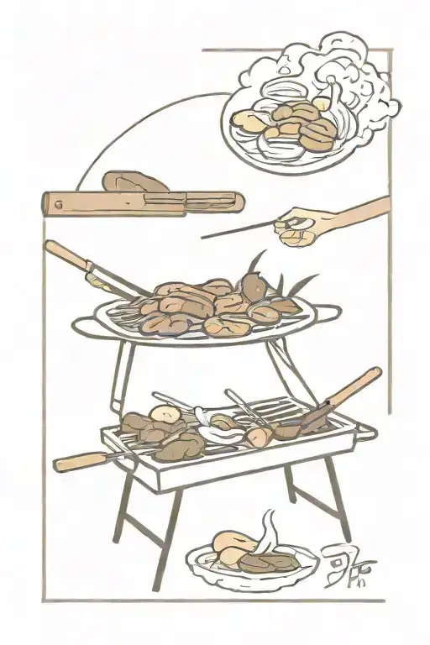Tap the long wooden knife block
[143, 202]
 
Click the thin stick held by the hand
[239, 231]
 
